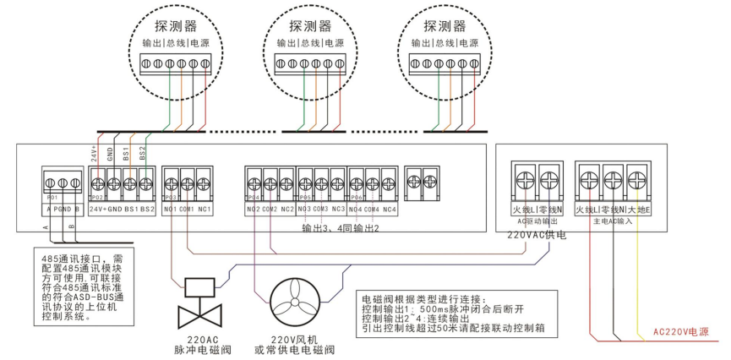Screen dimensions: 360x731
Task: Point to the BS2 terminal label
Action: (147, 207)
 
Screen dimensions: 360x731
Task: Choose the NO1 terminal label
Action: (170, 207)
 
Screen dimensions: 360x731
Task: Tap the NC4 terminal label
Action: (389, 208)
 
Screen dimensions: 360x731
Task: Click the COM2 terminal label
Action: (270, 208)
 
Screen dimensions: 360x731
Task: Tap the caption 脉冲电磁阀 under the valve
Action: (197, 347)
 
